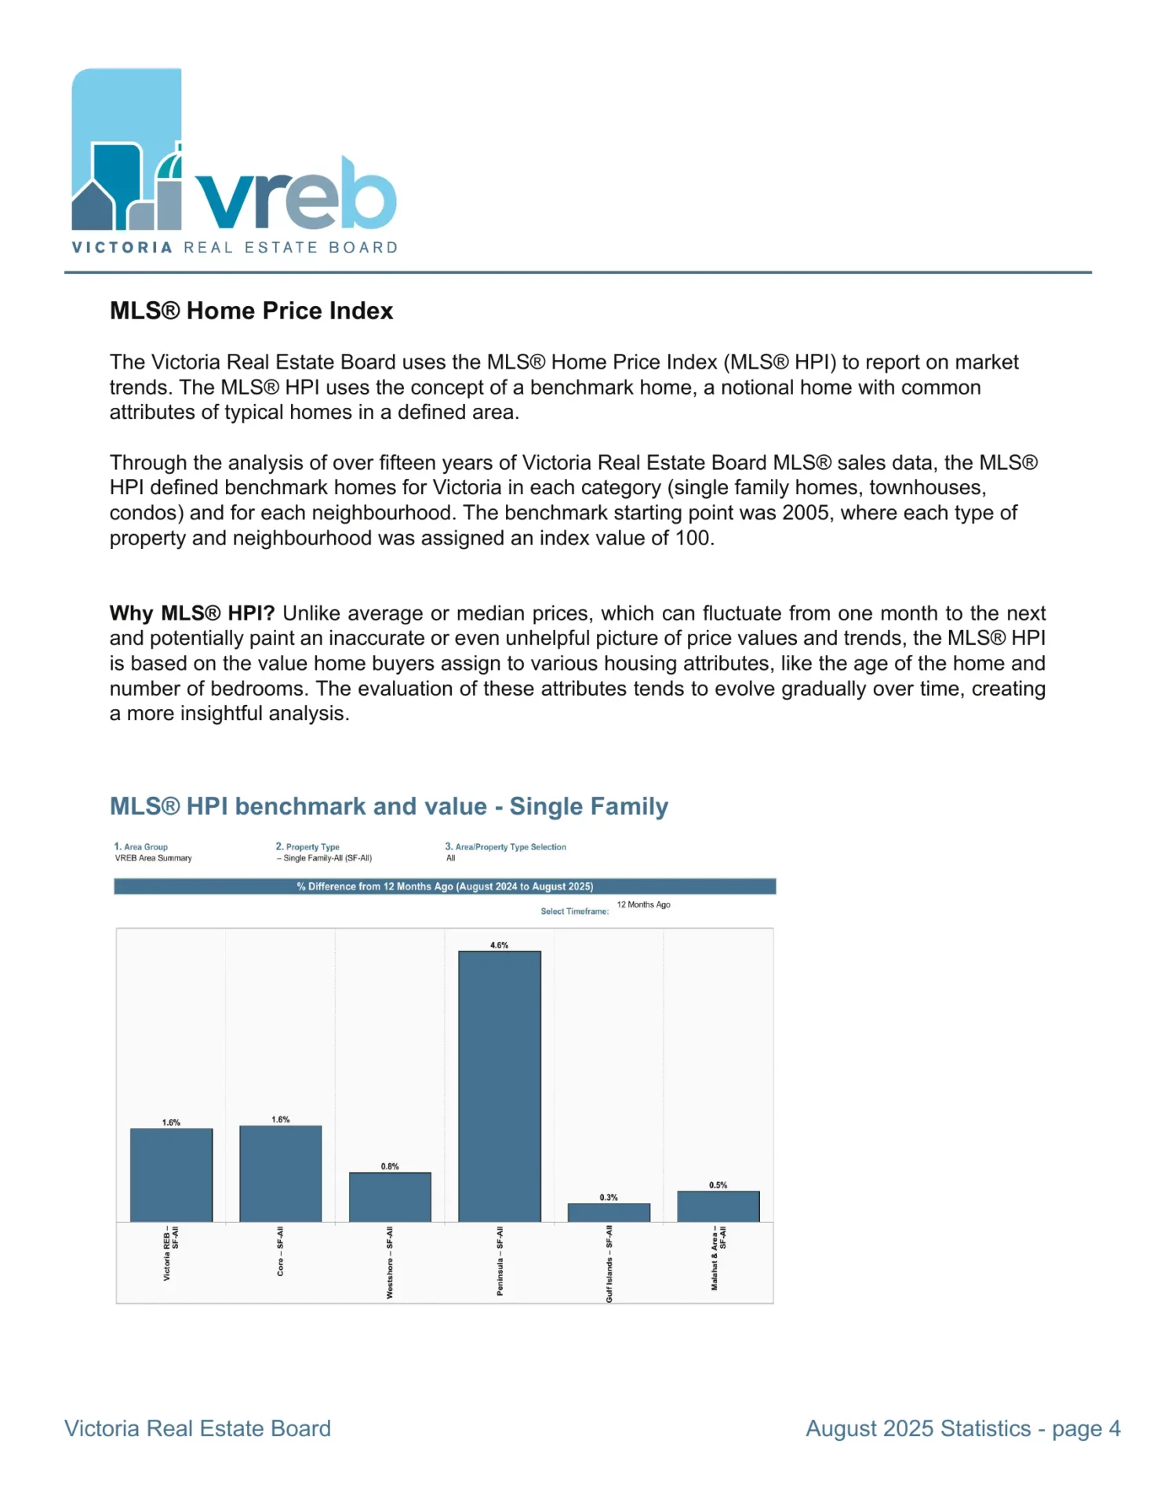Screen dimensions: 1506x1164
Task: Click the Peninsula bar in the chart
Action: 500,1086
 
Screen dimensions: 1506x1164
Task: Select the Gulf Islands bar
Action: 609,1212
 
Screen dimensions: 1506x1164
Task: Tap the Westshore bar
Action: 390,1197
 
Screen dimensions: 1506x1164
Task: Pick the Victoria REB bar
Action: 171,1175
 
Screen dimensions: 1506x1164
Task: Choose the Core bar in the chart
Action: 281,1173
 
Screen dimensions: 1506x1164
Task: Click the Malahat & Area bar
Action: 718,1206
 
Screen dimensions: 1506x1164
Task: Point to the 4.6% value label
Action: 500,945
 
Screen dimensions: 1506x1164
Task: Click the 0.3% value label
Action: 609,1197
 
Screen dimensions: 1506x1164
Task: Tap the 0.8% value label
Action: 390,1166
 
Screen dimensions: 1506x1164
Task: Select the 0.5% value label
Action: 718,1185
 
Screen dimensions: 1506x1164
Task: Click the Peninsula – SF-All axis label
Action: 500,1260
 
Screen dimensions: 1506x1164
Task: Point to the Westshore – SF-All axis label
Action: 390,1262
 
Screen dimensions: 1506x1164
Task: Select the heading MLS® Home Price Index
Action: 251,311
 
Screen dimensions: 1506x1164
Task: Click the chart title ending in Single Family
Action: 388,806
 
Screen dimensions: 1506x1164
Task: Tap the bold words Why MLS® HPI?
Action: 192,613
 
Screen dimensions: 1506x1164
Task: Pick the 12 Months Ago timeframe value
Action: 643,904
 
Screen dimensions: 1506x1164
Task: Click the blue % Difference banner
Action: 445,886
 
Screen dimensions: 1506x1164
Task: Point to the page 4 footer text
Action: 1086,1428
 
